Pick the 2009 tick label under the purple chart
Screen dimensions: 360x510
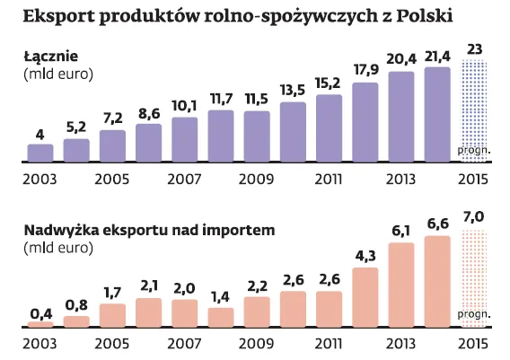click(x=257, y=179)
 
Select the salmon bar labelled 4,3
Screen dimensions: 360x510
click(x=365, y=295)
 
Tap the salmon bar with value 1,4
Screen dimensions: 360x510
click(x=221, y=316)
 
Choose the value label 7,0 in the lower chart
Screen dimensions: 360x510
click(x=473, y=218)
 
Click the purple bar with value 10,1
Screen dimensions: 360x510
click(x=185, y=140)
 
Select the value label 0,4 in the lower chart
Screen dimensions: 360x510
click(x=40, y=312)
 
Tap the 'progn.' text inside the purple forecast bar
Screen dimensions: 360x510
click(x=473, y=150)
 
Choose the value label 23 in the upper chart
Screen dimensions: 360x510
click(x=473, y=48)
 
